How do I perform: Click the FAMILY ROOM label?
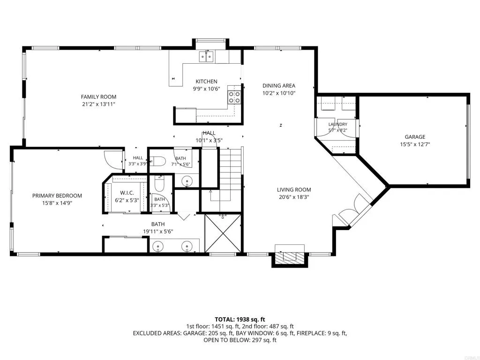click(x=98, y=97)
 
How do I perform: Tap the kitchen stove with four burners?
click(x=234, y=97)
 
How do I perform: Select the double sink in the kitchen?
click(x=206, y=57)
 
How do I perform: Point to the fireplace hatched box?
click(x=290, y=256)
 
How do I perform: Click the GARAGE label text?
click(x=415, y=137)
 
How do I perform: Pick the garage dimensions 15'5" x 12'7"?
click(x=415, y=144)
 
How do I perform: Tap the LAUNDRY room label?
click(x=337, y=124)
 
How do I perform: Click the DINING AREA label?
click(x=279, y=86)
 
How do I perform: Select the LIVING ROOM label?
click(x=294, y=190)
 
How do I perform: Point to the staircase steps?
click(x=231, y=174)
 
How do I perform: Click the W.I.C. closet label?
click(x=127, y=193)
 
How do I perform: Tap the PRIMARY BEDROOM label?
click(x=57, y=195)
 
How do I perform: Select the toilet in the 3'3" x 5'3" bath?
click(x=159, y=184)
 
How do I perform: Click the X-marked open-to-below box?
click(x=223, y=233)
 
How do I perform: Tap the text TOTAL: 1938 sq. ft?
click(x=240, y=320)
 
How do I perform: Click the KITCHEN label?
click(x=206, y=82)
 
